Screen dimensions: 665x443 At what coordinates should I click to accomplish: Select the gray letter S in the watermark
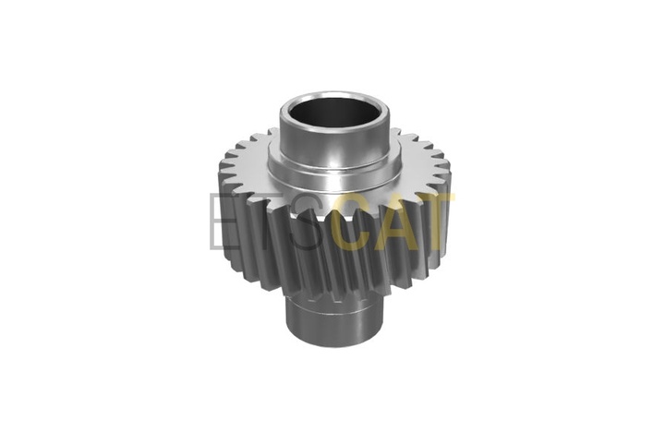click(x=308, y=221)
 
